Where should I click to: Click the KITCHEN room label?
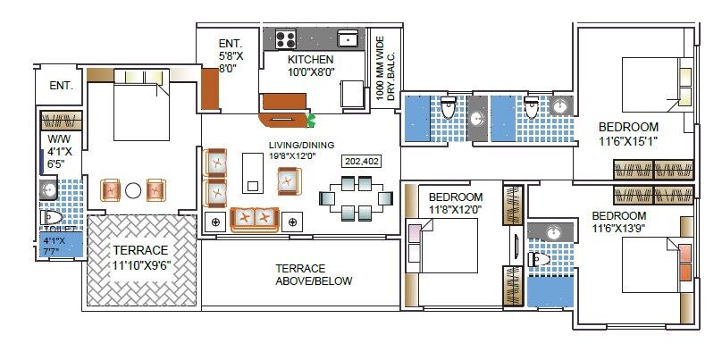(311, 60)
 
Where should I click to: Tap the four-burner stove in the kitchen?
(286, 38)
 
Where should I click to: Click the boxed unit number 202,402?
(362, 162)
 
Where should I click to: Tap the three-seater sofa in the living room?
(254, 217)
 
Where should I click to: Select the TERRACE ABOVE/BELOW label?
(313, 274)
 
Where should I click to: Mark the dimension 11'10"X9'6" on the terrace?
(140, 264)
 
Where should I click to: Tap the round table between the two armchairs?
(133, 189)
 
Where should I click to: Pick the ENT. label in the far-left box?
(61, 86)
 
